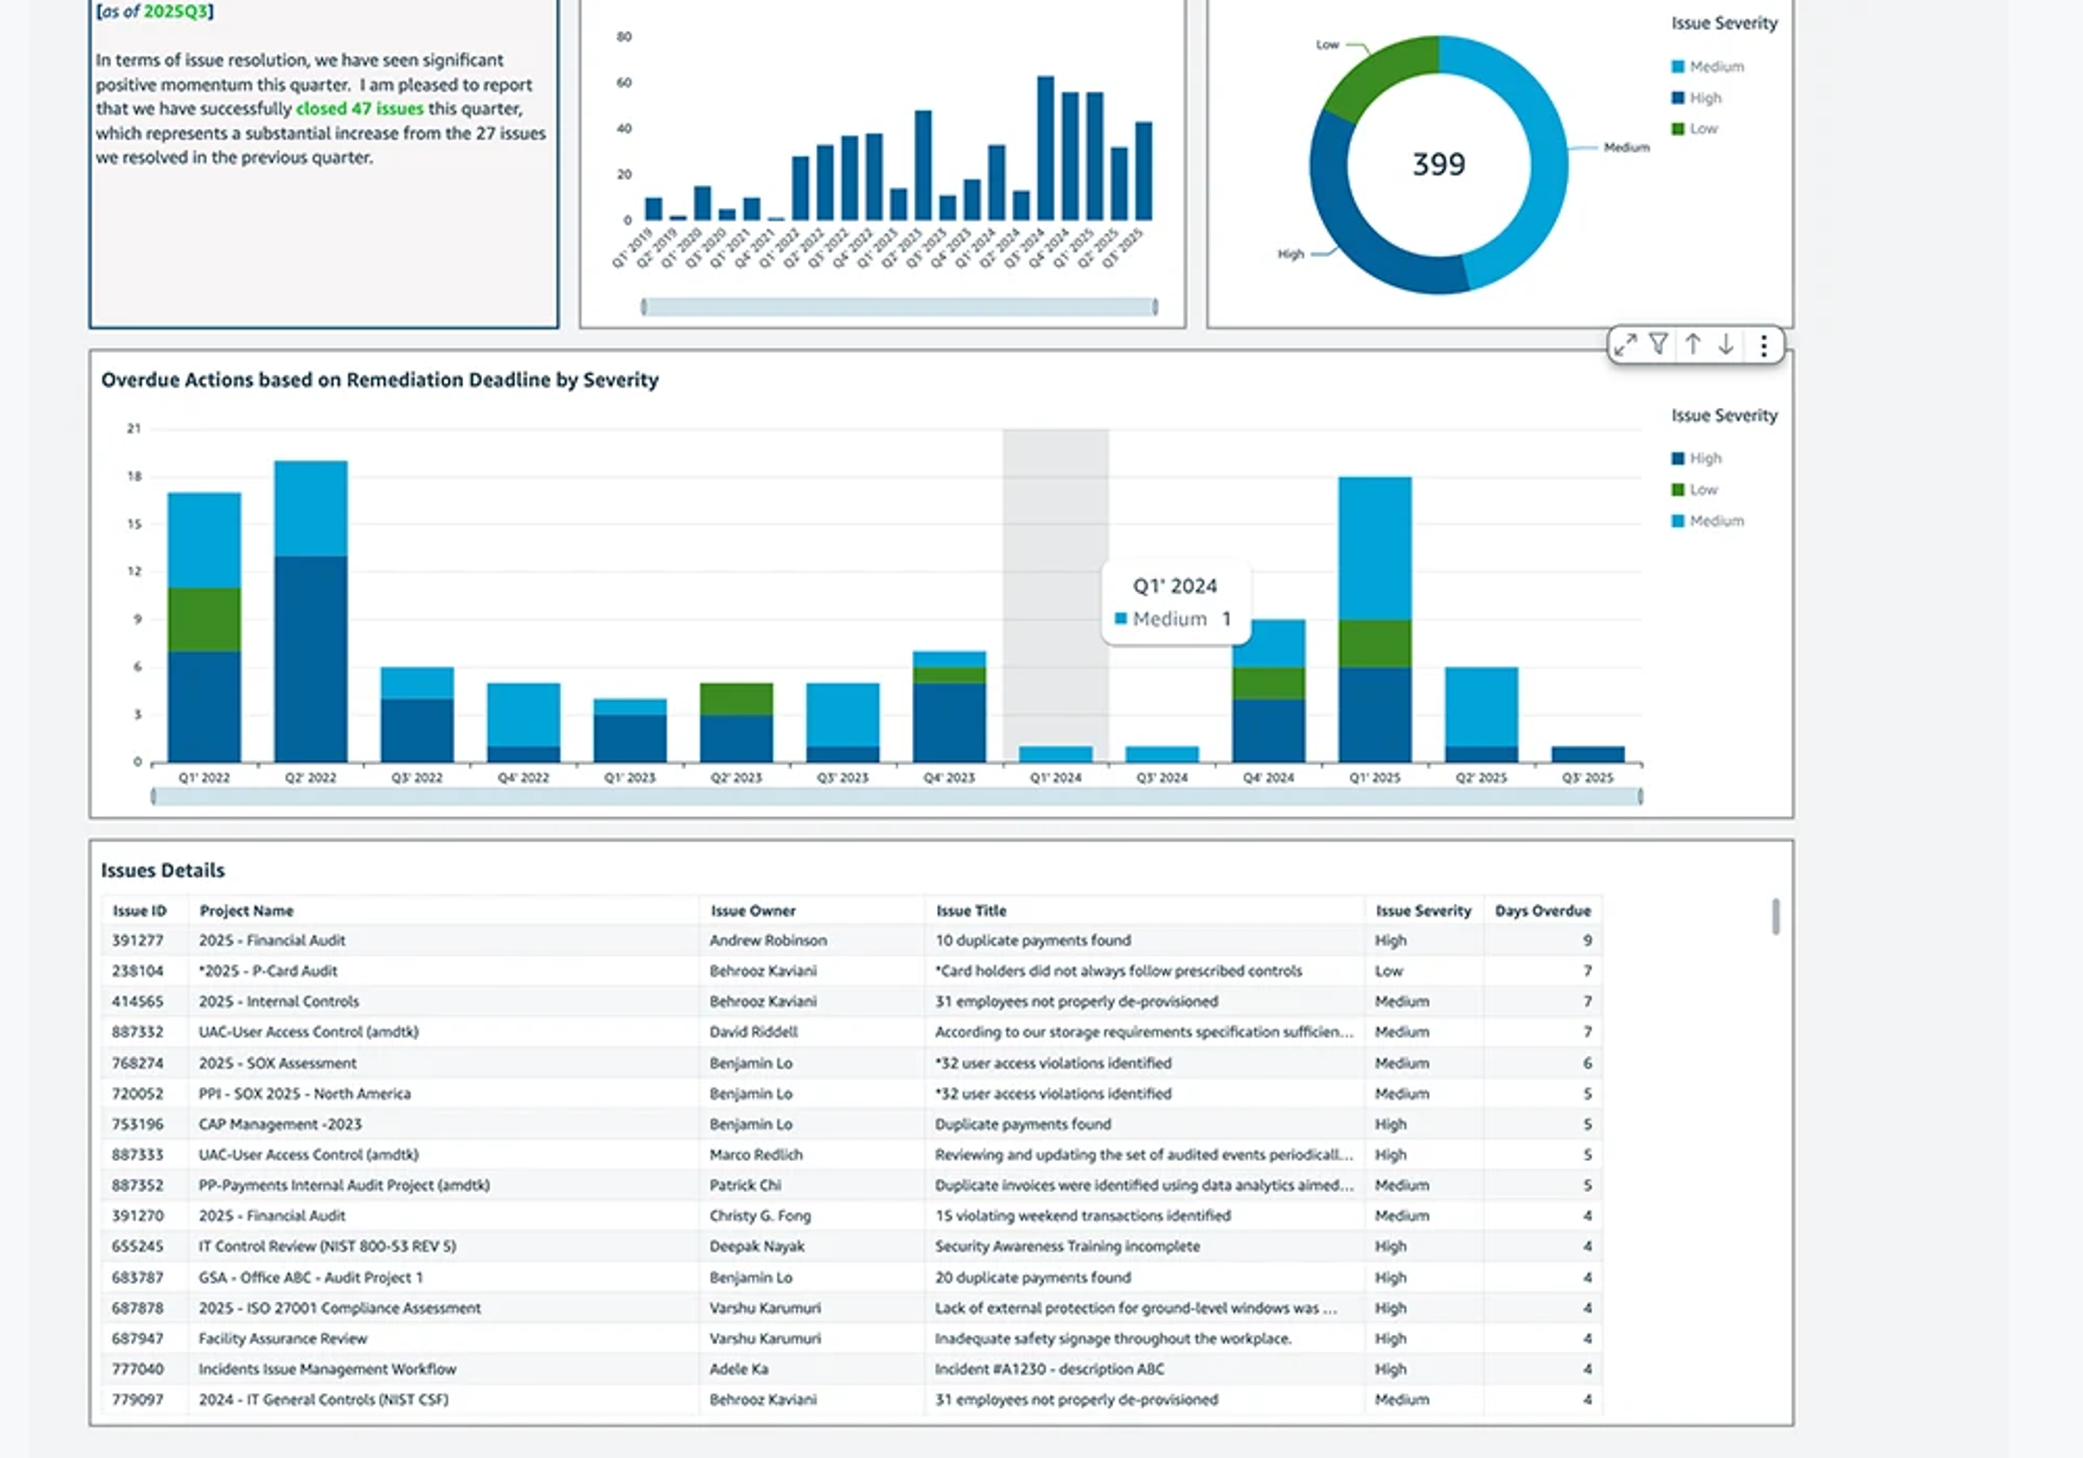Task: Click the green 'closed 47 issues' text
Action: [x=359, y=109]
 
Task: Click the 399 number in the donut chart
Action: [x=1438, y=164]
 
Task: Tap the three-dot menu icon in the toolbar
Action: [x=1763, y=345]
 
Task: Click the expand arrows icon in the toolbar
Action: [x=1625, y=345]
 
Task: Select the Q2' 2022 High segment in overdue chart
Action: [x=310, y=658]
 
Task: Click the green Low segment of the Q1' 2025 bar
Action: [x=1375, y=643]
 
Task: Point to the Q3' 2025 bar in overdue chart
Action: [x=1588, y=754]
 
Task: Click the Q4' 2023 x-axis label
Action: [x=949, y=777]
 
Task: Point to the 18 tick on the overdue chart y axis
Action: [x=135, y=476]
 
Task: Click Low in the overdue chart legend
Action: [x=1702, y=490]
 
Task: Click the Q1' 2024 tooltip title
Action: [x=1175, y=586]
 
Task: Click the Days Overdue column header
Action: [x=1542, y=910]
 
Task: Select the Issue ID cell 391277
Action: [x=138, y=940]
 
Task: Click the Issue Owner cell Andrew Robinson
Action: [x=768, y=940]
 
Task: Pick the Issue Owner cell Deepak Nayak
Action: [x=757, y=1246]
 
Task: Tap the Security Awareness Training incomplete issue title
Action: [x=1067, y=1246]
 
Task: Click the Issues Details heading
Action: [x=162, y=870]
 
